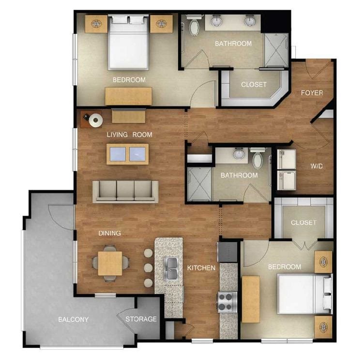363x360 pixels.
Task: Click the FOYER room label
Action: [x=312, y=93]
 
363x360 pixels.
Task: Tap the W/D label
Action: [x=317, y=166]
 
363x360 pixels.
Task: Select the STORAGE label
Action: [x=141, y=319]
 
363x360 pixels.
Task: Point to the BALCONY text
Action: [x=73, y=319]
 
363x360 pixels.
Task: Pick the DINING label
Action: [x=109, y=233]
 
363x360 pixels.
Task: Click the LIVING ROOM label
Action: [x=129, y=135]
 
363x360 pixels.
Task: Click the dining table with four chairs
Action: [x=110, y=263]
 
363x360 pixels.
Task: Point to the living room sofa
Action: [x=125, y=191]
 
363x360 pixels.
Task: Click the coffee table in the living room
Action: [x=128, y=154]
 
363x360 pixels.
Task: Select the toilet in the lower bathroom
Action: [x=257, y=158]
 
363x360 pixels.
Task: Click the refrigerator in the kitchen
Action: [x=227, y=252]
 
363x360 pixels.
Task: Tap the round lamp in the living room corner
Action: [x=95, y=119]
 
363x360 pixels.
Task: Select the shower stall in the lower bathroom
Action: [x=199, y=184]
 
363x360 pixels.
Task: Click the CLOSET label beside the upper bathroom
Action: [x=254, y=84]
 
